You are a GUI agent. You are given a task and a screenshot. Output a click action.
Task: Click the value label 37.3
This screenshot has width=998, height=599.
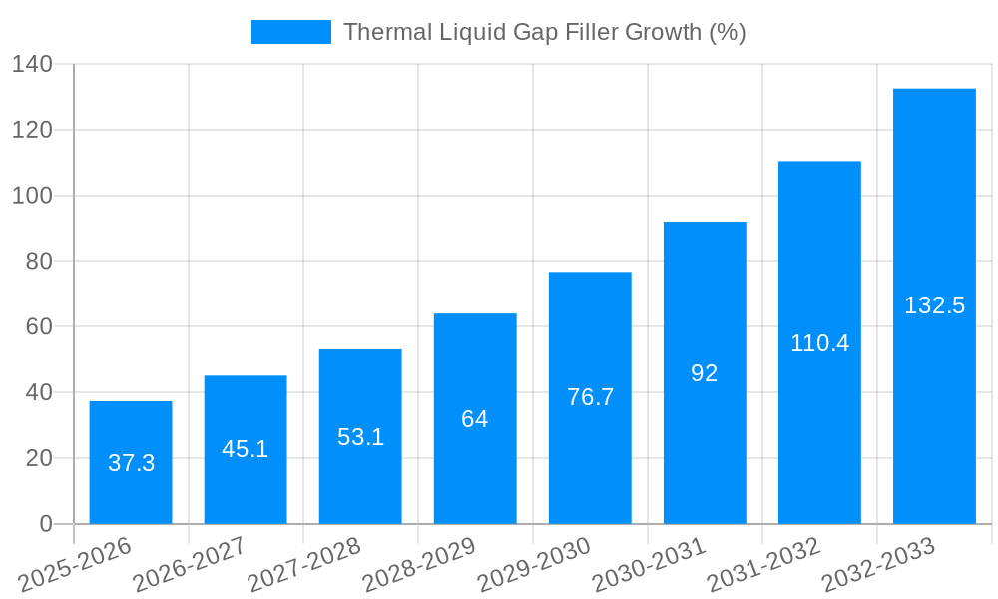pyautogui.click(x=131, y=463)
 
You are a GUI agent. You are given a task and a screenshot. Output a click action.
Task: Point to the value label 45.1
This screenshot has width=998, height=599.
pyautogui.click(x=246, y=449)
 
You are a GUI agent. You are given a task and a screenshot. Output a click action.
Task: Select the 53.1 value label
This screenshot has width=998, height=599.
pyautogui.click(x=360, y=437)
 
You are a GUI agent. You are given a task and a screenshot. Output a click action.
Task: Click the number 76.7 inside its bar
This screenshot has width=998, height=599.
pyautogui.click(x=590, y=397)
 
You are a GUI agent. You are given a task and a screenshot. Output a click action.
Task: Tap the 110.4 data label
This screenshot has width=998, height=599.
pyautogui.click(x=819, y=343)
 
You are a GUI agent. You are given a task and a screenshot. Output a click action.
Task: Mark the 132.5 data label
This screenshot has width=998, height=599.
pyautogui.click(x=934, y=305)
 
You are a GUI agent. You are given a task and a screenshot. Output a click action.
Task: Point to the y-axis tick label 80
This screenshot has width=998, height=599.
pyautogui.click(x=38, y=262)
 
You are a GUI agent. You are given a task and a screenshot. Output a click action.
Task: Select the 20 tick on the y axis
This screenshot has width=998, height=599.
pyautogui.click(x=38, y=458)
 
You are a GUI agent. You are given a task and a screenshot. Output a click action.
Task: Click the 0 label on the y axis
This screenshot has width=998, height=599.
pyautogui.click(x=45, y=524)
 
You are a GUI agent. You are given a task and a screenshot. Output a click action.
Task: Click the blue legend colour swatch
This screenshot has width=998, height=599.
pyautogui.click(x=290, y=32)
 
